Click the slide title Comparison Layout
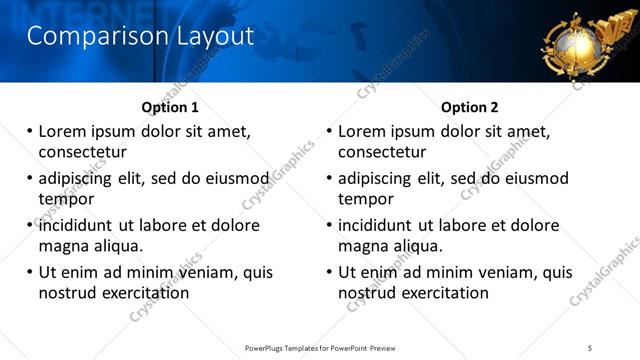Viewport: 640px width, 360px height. point(140,37)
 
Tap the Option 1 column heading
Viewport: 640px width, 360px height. point(170,107)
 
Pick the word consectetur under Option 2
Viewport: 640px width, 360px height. point(382,152)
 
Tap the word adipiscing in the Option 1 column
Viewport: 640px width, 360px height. point(79,179)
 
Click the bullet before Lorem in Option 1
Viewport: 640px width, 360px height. point(30,132)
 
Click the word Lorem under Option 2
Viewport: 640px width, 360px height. point(361,132)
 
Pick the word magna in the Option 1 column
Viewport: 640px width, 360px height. point(63,246)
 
